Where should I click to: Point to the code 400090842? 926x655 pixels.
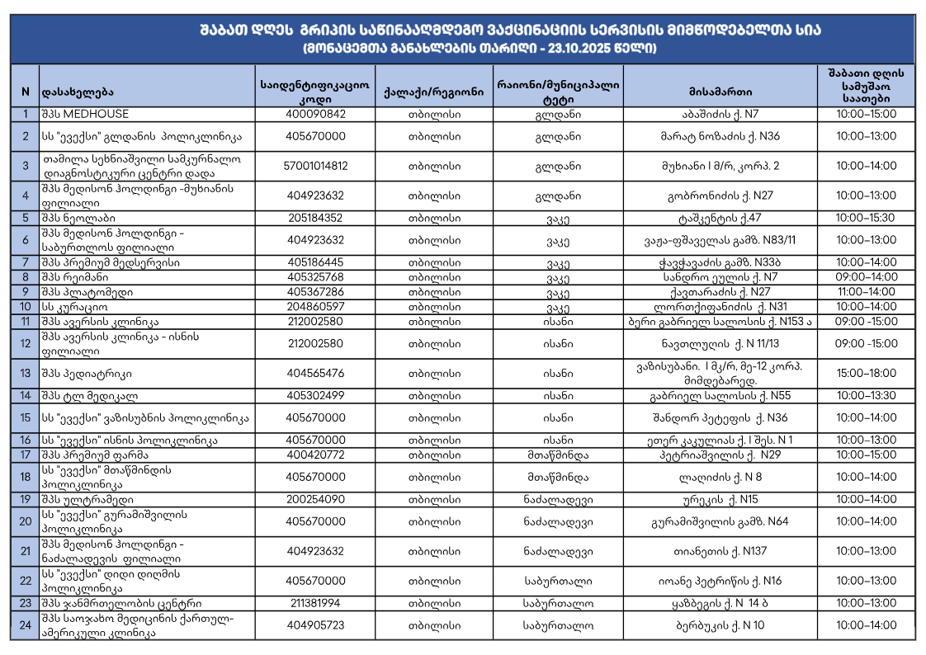click(x=315, y=114)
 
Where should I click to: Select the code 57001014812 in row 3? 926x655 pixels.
click(x=315, y=166)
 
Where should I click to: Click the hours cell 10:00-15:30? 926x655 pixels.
click(x=866, y=218)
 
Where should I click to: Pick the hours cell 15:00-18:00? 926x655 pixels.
click(x=866, y=374)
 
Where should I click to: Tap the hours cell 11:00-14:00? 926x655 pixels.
click(x=866, y=292)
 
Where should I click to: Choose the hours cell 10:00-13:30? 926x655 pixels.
click(x=866, y=395)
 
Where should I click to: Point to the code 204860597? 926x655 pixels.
click(x=315, y=307)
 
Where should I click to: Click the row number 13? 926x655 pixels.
click(x=26, y=374)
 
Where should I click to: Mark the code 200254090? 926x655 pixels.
click(x=315, y=499)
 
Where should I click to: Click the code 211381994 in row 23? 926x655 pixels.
click(x=315, y=603)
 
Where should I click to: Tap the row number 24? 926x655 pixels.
click(x=26, y=625)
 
